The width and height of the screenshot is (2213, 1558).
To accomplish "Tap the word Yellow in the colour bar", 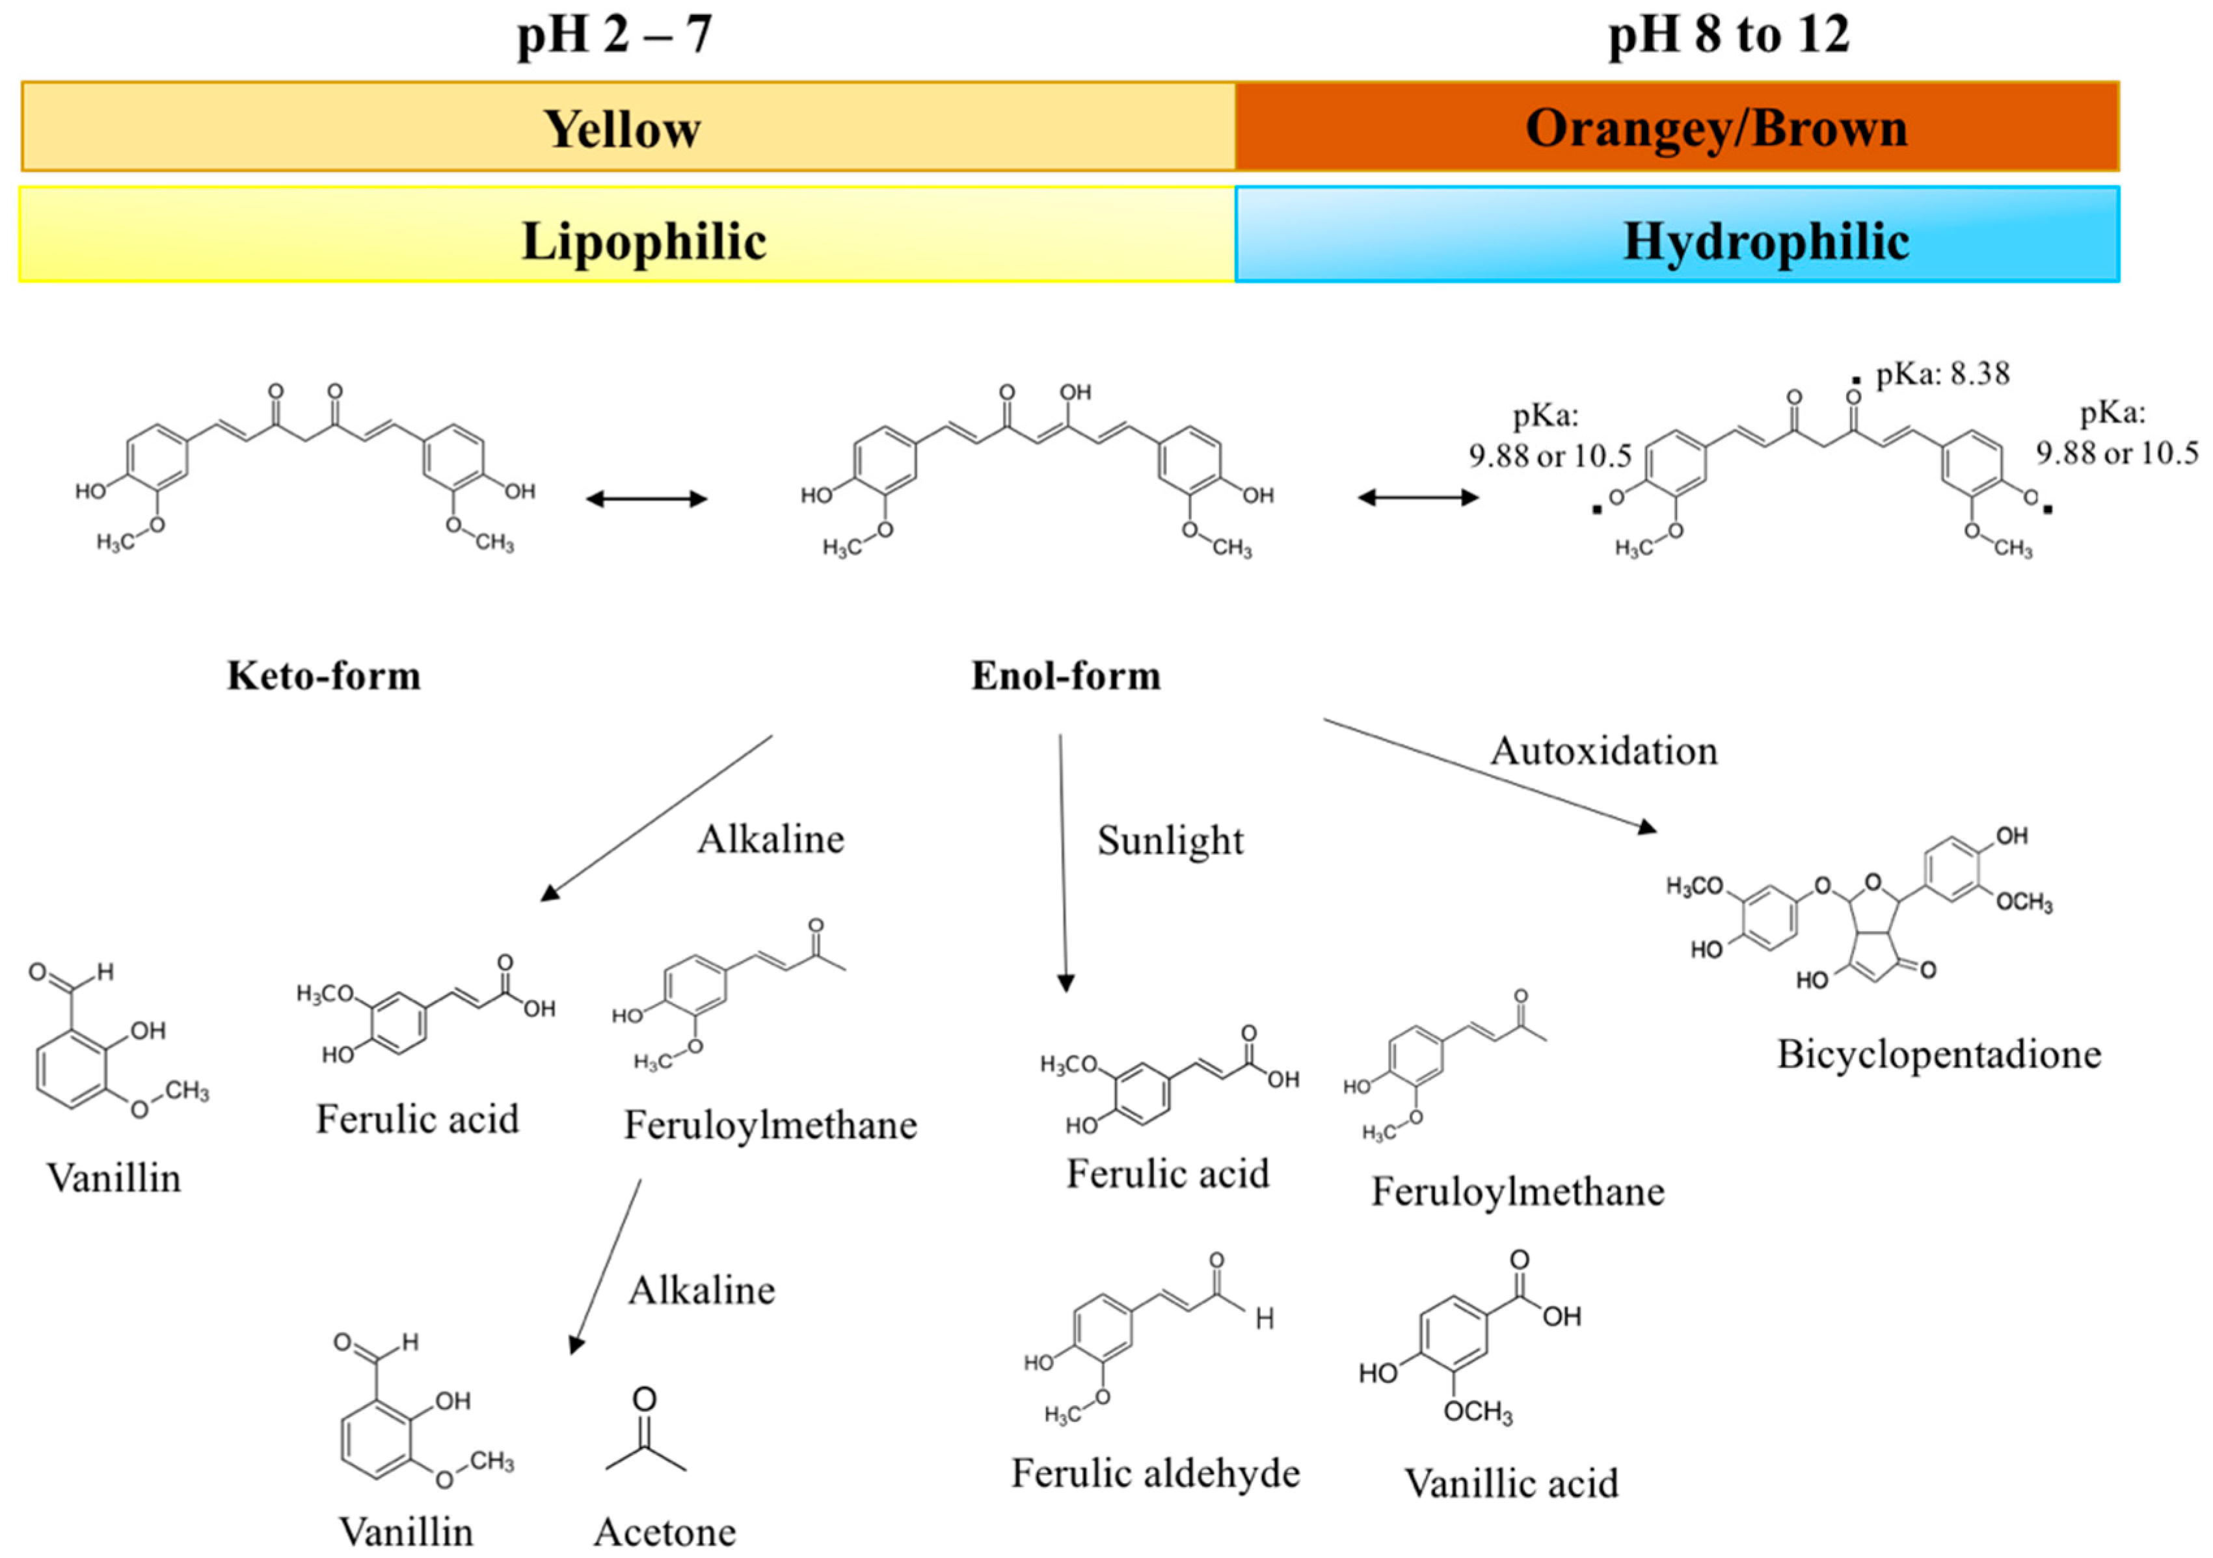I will [x=622, y=128].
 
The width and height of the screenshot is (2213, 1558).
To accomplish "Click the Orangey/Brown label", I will [x=1715, y=128].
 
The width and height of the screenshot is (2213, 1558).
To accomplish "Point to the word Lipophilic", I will [x=644, y=241].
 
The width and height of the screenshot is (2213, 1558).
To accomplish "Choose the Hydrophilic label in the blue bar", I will [x=1765, y=241].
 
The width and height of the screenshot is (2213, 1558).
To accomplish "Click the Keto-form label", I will [x=324, y=676].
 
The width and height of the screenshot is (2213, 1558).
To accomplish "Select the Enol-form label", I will [x=1065, y=676].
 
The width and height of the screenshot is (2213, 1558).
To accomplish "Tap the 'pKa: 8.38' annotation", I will [x=1942, y=374].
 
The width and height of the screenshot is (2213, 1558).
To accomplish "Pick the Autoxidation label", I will [x=1604, y=750].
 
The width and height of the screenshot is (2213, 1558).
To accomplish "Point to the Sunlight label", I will [x=1170, y=840].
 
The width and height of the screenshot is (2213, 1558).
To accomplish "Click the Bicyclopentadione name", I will [x=1938, y=1054].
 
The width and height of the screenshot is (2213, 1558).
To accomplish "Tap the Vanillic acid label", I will [x=1510, y=1483].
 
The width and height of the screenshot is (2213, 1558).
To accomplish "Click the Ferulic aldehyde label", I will [x=1155, y=1472].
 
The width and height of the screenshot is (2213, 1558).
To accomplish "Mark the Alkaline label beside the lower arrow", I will [x=702, y=1290].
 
